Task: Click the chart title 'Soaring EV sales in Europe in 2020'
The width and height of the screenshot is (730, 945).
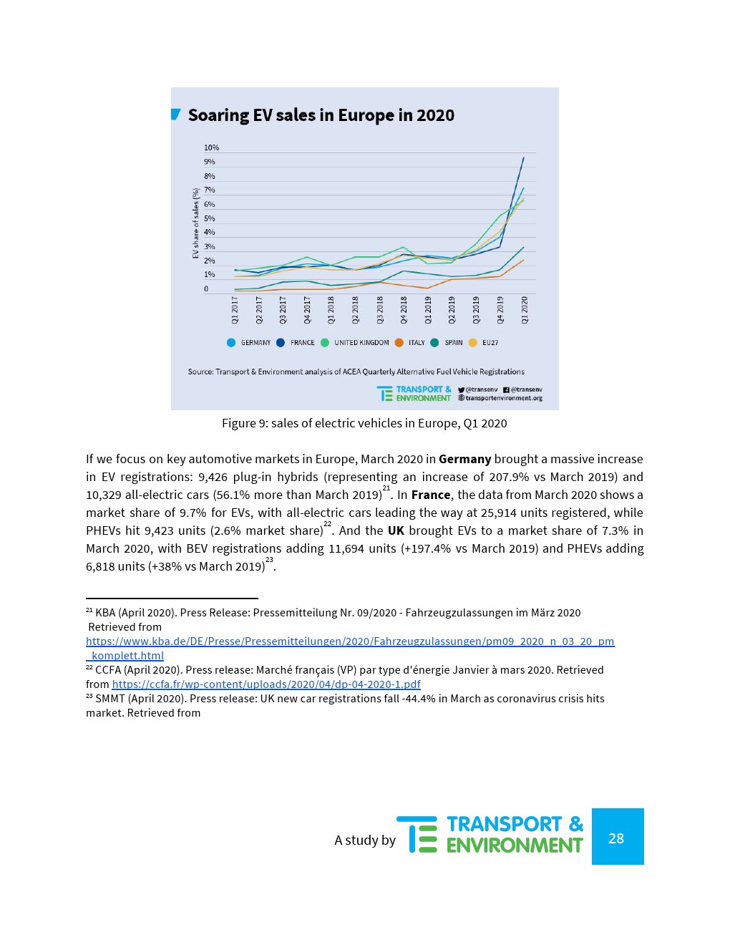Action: (321, 115)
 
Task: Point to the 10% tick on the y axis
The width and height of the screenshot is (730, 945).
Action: (211, 148)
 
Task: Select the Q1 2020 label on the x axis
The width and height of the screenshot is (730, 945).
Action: (525, 309)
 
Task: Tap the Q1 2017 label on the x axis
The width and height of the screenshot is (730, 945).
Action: (235, 309)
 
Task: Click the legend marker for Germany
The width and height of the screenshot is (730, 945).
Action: (231, 343)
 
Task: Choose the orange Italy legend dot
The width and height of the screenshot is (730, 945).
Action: (399, 343)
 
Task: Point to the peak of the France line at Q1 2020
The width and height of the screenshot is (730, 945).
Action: (524, 157)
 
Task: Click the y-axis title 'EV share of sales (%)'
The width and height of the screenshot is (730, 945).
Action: (196, 223)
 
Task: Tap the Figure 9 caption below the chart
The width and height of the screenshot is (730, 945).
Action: (364, 423)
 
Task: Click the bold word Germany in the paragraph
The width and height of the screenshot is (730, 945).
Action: (464, 459)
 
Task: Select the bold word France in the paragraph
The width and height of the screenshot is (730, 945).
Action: (431, 495)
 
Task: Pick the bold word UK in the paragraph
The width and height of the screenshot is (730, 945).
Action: (396, 530)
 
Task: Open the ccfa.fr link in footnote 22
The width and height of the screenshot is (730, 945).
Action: (266, 684)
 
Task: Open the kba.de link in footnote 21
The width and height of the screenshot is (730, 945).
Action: (350, 641)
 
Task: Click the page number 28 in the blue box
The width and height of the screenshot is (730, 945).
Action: (616, 838)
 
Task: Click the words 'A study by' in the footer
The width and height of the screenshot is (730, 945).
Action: (365, 840)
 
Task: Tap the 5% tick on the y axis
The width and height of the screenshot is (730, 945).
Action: (210, 218)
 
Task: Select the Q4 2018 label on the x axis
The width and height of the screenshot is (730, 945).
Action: (404, 309)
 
